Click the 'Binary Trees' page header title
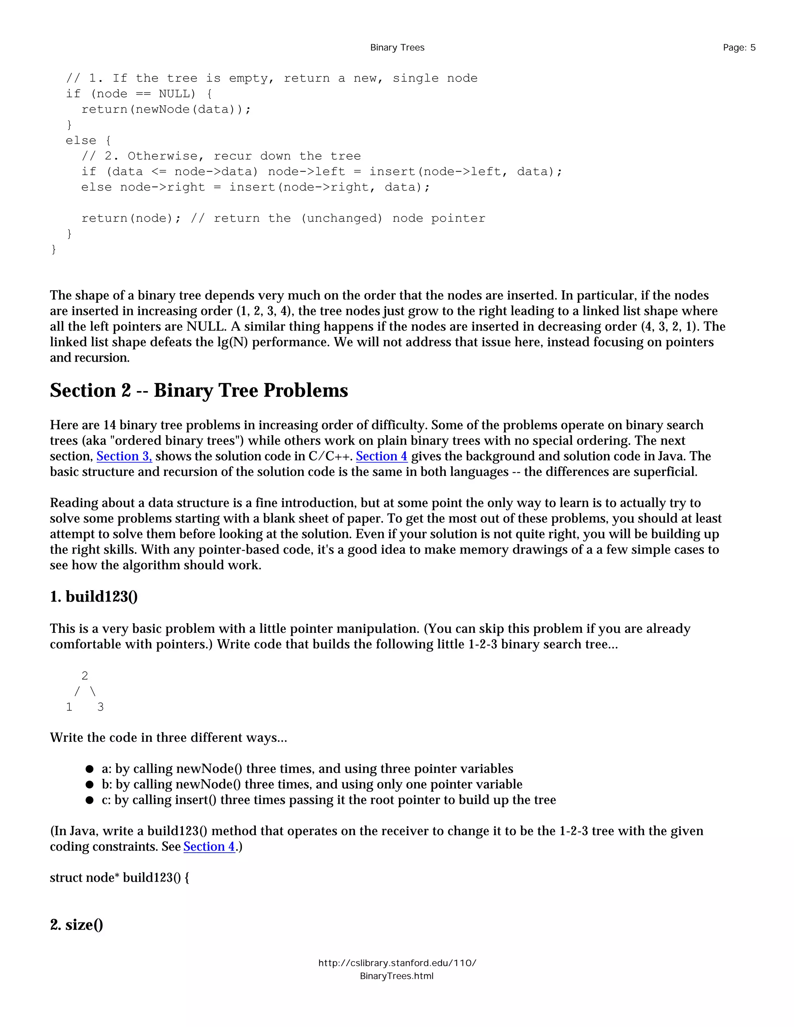(x=397, y=48)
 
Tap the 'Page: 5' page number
(x=739, y=48)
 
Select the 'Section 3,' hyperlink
(x=124, y=456)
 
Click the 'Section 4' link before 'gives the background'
(x=381, y=456)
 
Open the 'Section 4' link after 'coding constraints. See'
(x=209, y=846)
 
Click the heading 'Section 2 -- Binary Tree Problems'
(x=199, y=390)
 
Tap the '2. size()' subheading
(x=76, y=924)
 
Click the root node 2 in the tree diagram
(x=85, y=676)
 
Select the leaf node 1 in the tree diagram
(x=69, y=707)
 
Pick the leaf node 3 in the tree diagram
(x=100, y=707)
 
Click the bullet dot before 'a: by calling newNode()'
(x=90, y=769)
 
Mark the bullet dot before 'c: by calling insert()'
(x=90, y=800)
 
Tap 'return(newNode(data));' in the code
(x=166, y=110)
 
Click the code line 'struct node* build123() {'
(x=119, y=877)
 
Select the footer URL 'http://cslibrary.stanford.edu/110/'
(x=397, y=963)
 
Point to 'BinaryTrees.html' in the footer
(x=397, y=976)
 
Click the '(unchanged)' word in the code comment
(x=342, y=218)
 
